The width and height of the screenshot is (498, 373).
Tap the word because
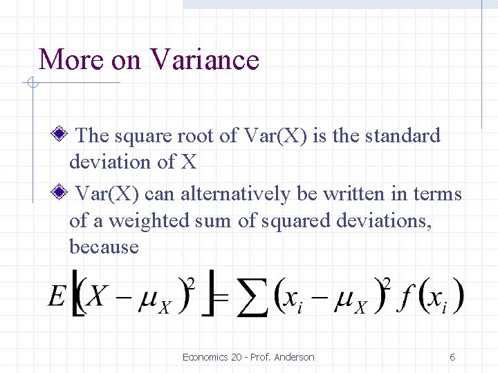click(104, 247)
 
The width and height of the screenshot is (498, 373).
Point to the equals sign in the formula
click(221, 297)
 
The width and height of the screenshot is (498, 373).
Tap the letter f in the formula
click(407, 297)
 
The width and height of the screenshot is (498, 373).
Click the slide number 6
click(452, 357)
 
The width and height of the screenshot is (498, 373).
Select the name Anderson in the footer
click(294, 357)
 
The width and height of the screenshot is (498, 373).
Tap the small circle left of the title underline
click(31, 84)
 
